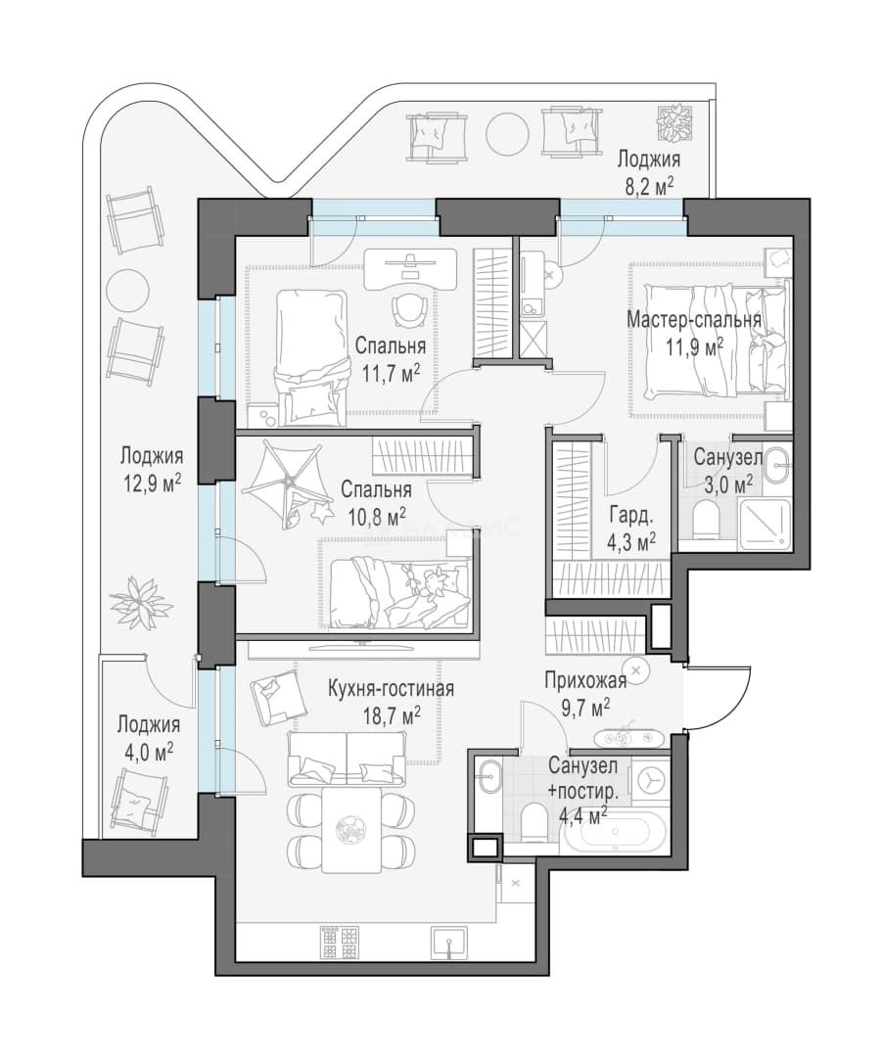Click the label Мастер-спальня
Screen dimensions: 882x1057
click(694, 319)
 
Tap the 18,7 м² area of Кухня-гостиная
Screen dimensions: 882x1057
click(392, 715)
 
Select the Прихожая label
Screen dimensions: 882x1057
click(585, 680)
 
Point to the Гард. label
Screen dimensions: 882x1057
click(631, 517)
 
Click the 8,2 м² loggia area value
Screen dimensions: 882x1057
click(649, 186)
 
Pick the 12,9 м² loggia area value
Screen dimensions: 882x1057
click(153, 483)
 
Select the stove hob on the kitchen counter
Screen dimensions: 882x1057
click(340, 942)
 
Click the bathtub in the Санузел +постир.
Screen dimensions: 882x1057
click(615, 831)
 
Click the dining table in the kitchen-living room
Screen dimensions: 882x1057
click(350, 829)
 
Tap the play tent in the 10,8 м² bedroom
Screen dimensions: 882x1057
click(287, 481)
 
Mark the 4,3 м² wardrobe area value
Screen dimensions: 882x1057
click(631, 542)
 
